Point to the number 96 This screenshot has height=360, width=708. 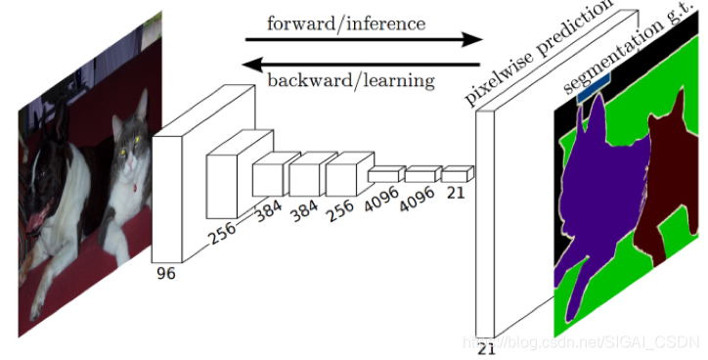165,274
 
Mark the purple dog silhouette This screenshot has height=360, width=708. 597,196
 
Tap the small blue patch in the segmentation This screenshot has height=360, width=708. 594,95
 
